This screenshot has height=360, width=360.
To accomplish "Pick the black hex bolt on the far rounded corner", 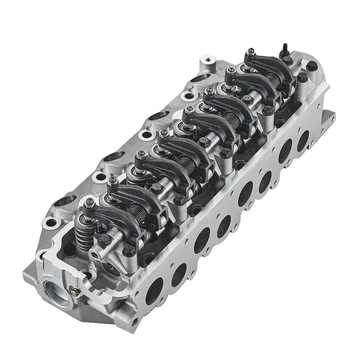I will tap(311, 66).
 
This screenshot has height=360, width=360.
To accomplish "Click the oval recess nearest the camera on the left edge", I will tap(48, 222).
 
